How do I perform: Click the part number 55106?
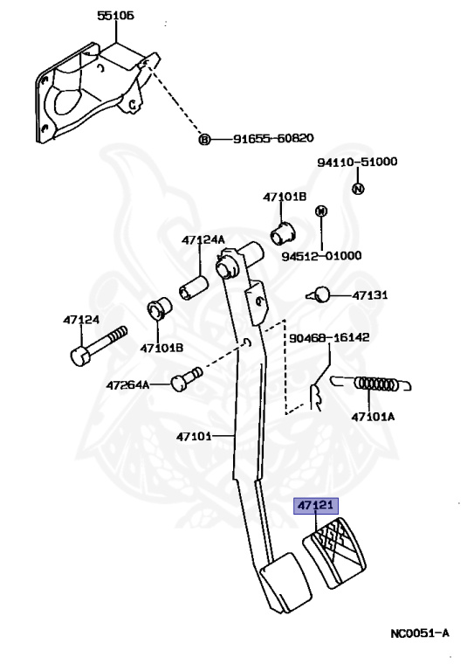click(116, 16)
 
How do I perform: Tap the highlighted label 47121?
click(316, 505)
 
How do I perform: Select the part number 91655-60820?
click(273, 138)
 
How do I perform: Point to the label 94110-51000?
click(357, 162)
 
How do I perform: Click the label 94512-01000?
click(321, 256)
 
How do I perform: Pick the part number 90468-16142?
click(329, 337)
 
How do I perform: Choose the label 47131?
click(370, 295)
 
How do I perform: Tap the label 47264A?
click(127, 385)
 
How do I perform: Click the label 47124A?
click(203, 239)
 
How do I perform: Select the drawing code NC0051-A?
click(420, 633)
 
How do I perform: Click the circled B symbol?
click(205, 139)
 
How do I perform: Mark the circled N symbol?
click(358, 189)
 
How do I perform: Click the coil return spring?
click(371, 384)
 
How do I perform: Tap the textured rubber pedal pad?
click(334, 552)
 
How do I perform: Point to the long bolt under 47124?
click(98, 346)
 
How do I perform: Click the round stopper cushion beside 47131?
click(319, 294)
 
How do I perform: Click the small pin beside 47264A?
click(186, 378)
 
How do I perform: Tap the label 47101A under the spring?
click(373, 417)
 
